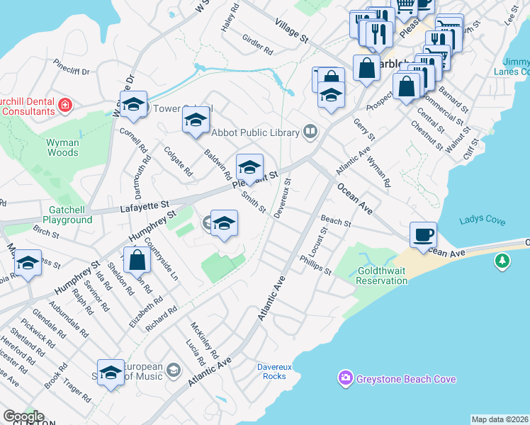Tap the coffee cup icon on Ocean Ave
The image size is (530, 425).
tap(423, 234)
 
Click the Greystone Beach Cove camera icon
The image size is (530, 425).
tap(345, 379)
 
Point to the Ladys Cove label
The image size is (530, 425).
tap(482, 221)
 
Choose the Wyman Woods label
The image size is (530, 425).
tap(62, 147)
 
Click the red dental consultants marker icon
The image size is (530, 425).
tap(65, 106)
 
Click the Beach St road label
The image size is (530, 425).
tap(336, 222)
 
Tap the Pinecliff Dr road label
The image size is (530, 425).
tap(72, 71)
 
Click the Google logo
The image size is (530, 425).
tap(23, 416)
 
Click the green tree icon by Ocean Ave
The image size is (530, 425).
tap(502, 262)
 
